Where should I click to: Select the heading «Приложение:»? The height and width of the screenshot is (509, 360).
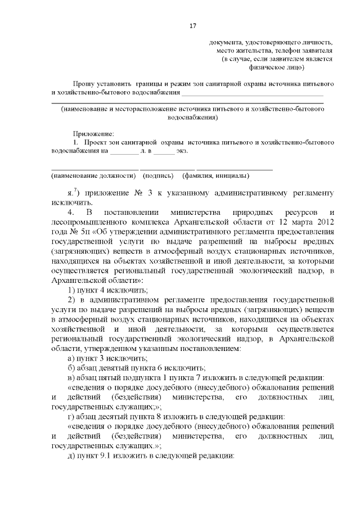[93, 134]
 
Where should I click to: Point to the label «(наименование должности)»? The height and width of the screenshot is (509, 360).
[93, 176]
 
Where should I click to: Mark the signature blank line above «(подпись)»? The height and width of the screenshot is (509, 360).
[167, 169]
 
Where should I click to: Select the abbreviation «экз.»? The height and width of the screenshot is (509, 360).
[181, 151]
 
